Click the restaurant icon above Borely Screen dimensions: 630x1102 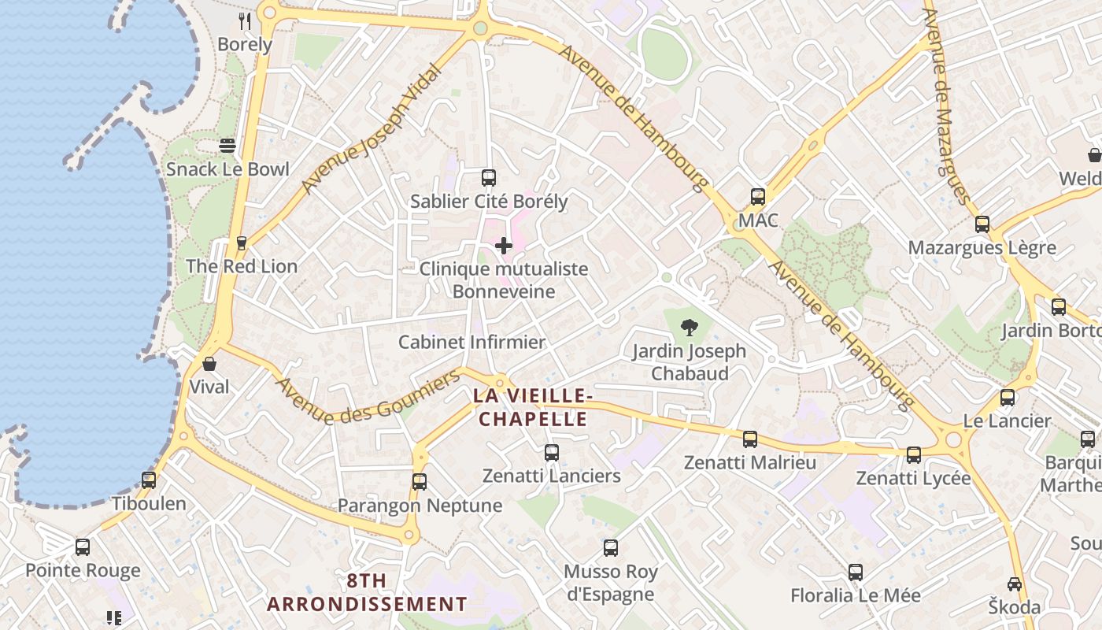click(245, 21)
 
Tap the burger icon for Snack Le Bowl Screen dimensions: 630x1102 click(227, 146)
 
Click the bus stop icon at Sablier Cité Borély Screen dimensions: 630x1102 click(489, 178)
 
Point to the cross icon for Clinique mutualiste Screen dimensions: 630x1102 click(504, 246)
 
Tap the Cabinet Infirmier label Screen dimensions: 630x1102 click(471, 342)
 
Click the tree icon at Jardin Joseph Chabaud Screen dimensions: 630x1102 click(689, 328)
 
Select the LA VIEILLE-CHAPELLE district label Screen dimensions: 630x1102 click(533, 407)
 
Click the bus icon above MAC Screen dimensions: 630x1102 click(758, 197)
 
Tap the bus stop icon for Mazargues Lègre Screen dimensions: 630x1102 click(982, 224)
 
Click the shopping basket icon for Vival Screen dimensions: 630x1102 click(209, 364)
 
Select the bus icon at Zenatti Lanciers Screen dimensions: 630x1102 click(552, 453)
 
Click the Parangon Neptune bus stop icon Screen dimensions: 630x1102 click(420, 482)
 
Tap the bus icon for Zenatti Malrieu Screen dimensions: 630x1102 click(750, 439)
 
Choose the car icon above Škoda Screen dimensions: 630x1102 click(1015, 584)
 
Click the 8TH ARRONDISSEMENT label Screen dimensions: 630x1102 click(367, 592)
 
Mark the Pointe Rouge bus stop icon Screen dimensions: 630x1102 click(83, 547)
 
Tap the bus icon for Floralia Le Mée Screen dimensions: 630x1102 click(856, 573)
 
